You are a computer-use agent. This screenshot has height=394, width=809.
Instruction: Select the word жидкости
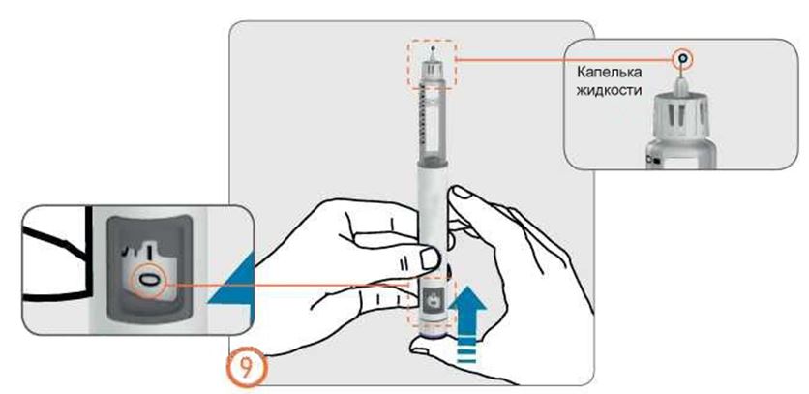click(x=611, y=93)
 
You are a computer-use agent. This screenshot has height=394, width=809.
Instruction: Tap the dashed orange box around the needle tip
click(x=431, y=66)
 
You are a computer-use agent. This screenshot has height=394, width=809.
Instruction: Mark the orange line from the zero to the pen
click(x=290, y=282)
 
